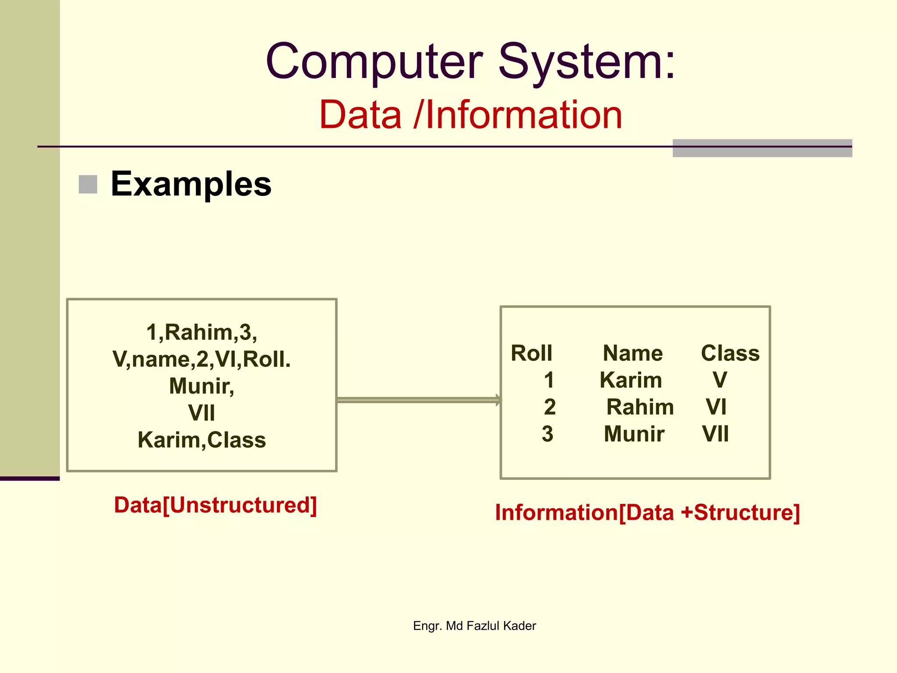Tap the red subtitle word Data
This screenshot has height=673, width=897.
(360, 115)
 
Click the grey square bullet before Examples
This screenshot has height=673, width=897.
(88, 184)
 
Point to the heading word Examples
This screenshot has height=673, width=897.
(191, 184)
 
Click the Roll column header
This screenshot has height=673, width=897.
(531, 353)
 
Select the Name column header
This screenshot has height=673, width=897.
(632, 353)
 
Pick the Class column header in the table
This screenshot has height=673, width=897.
(730, 353)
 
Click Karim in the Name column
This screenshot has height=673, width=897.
(631, 380)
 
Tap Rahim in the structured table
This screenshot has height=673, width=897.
(640, 407)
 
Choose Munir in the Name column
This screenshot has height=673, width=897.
(634, 434)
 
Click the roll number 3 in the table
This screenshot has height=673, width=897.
(547, 434)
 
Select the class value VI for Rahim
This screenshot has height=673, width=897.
(716, 407)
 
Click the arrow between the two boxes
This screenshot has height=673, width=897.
(418, 400)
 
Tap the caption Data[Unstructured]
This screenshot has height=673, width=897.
(215, 505)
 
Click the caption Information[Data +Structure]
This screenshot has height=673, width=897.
(647, 512)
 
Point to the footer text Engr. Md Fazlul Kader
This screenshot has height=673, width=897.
(474, 626)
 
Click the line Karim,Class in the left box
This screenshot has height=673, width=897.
(201, 440)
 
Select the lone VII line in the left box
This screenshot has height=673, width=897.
(201, 413)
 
